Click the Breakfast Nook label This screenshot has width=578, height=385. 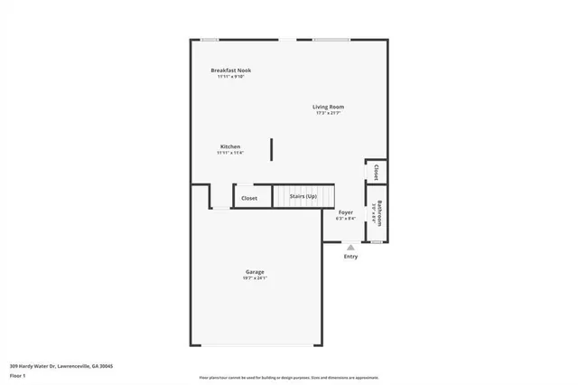230,70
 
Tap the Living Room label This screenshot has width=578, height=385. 330,107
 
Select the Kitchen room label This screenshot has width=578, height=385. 230,146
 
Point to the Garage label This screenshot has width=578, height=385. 255,272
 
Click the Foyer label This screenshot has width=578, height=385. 345,212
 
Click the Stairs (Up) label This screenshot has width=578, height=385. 303,196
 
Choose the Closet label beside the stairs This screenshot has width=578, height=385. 249,198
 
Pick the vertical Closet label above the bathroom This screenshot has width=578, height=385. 376,172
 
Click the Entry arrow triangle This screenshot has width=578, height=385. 350,246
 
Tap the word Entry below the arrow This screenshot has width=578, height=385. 350,257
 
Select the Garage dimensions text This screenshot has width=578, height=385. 255,278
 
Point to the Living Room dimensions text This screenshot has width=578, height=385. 330,113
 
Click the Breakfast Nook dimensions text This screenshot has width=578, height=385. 230,77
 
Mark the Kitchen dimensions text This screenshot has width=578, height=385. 230,153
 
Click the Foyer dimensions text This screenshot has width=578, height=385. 345,218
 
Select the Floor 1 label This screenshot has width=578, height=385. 17,375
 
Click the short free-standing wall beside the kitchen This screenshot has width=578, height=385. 271,149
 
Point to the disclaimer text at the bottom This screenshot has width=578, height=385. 288,377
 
